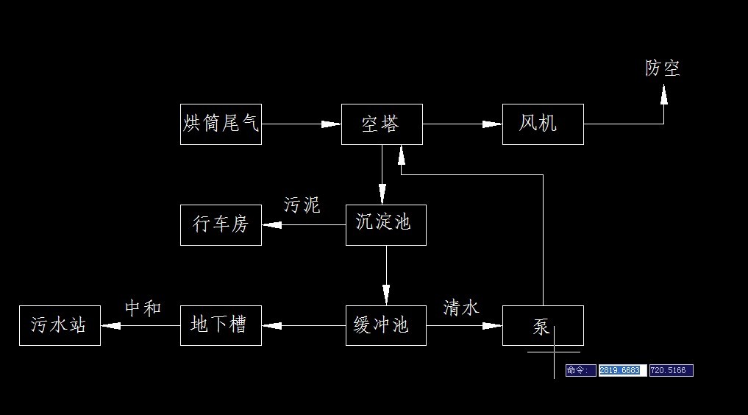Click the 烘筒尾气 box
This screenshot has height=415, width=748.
(221, 124)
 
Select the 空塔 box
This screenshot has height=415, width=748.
(382, 124)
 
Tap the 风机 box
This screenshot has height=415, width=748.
(543, 124)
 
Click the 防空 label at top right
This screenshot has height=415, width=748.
(663, 68)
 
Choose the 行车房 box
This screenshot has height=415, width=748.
(221, 224)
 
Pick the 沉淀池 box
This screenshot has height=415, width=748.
(385, 224)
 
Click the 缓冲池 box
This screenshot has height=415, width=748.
(385, 325)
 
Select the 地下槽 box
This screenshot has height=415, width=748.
(221, 325)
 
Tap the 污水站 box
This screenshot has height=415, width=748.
(60, 325)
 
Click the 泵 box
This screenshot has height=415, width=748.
(543, 325)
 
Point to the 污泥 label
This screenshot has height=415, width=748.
(302, 205)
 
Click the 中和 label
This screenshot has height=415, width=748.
(143, 308)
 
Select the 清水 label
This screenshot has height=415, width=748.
(461, 308)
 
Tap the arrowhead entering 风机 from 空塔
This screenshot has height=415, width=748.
(493, 124)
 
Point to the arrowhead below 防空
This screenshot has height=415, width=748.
(663, 93)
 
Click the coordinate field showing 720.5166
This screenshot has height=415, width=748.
(671, 370)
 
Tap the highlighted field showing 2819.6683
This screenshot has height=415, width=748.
(622, 370)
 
